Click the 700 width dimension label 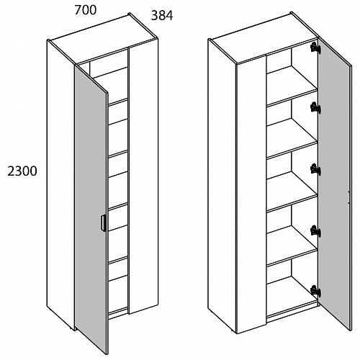(x=86, y=10)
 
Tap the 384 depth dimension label (x=162, y=16)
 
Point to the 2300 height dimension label (x=22, y=171)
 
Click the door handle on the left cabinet (x=103, y=223)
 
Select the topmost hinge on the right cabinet (x=315, y=48)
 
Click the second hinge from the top (x=315, y=107)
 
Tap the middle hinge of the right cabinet (x=315, y=169)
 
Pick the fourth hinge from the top (x=315, y=230)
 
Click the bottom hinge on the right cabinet (x=315, y=290)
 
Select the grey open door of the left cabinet (x=91, y=209)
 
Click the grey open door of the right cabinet (x=334, y=182)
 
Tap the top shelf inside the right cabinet (x=292, y=86)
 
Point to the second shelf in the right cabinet (x=292, y=138)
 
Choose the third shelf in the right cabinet (x=292, y=192)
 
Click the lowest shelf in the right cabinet (x=292, y=246)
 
